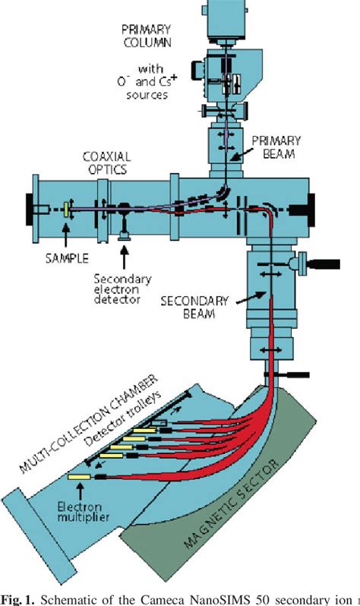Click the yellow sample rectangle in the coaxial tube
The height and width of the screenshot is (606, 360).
click(66, 207)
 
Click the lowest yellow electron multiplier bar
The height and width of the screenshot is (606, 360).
click(79, 477)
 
